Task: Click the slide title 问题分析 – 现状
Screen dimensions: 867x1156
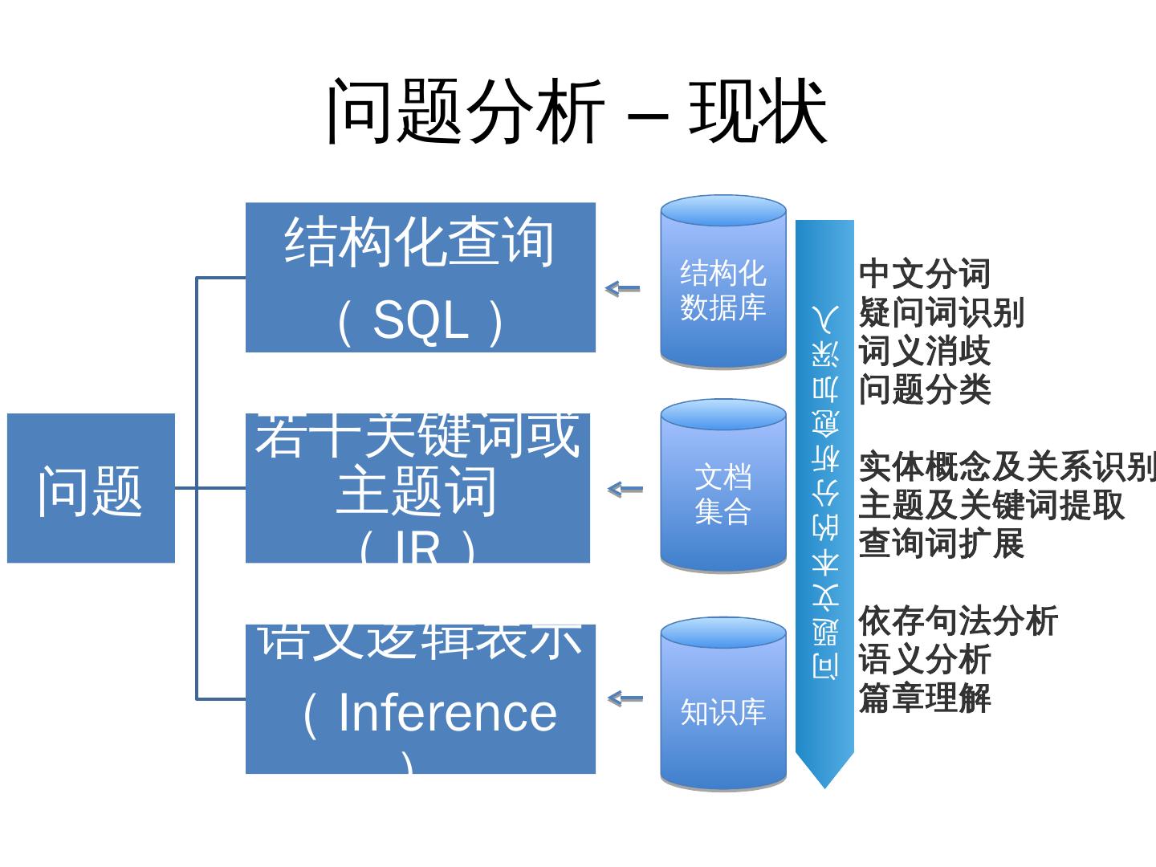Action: [576, 112]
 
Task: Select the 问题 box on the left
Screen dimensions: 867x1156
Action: [91, 488]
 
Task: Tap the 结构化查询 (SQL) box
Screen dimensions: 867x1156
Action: [420, 277]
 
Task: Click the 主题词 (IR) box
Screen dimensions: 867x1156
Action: [417, 488]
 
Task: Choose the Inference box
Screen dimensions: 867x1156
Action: [420, 698]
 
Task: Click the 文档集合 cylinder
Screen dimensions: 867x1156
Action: [722, 486]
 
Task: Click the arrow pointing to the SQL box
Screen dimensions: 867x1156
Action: [623, 288]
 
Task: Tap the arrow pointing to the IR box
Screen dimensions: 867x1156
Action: [625, 489]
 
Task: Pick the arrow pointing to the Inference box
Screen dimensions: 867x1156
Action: [625, 698]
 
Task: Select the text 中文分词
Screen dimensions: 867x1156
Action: [925, 275]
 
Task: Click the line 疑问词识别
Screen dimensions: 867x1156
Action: [941, 312]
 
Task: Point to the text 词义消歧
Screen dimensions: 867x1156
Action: [925, 351]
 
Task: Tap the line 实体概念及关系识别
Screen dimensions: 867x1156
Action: [1007, 467]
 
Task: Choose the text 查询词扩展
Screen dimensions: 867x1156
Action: [941, 543]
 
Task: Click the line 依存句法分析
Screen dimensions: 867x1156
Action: [958, 621]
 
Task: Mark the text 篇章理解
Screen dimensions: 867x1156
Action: [925, 698]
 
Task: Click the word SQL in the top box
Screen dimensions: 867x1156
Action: [420, 321]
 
